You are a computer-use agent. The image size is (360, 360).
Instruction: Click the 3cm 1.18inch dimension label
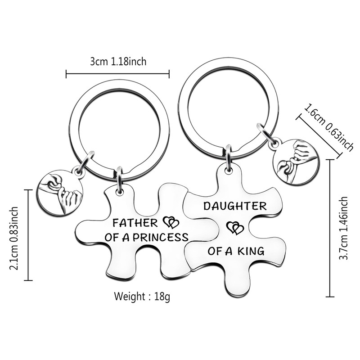pos(118,62)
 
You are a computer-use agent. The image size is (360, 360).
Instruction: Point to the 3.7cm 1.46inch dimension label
pos(344,229)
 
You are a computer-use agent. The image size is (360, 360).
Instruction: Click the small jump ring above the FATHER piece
pos(119,179)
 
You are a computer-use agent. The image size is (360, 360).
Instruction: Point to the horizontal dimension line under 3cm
pos(118,73)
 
